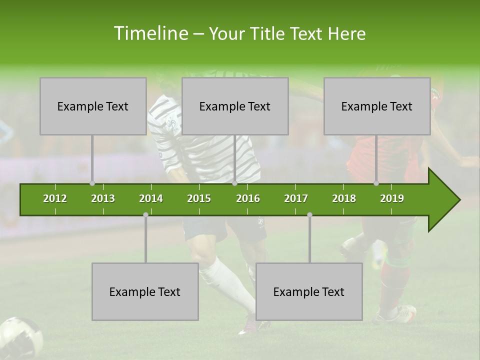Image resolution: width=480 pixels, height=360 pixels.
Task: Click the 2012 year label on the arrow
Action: point(55,198)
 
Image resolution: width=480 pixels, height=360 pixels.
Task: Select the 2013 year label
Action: point(103,198)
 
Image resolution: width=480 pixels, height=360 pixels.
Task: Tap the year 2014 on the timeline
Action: point(151,198)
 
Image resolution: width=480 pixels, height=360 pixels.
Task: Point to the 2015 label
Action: point(199,198)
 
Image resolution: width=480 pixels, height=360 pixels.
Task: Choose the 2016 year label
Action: point(248,198)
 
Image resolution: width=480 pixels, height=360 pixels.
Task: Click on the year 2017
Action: point(296,198)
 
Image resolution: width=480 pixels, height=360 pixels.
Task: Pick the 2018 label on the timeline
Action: point(344,198)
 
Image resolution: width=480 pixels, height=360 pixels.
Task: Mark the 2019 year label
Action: point(392,198)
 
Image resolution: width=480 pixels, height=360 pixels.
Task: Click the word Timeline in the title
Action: point(150,33)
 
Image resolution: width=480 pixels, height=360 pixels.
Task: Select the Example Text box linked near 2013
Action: point(93,106)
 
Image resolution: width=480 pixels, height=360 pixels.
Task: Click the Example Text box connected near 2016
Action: point(235,106)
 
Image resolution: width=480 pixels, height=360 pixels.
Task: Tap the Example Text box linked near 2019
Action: point(377,106)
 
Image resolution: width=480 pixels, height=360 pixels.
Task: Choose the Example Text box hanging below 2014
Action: point(145,291)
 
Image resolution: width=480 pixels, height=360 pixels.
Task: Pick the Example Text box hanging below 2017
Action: point(309,291)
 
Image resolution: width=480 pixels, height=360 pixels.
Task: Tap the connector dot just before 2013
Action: point(92,183)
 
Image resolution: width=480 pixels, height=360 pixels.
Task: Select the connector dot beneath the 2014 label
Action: point(145,214)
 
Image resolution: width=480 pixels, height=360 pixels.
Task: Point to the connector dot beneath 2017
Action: point(309,214)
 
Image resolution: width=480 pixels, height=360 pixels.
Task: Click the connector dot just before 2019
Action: point(376,183)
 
